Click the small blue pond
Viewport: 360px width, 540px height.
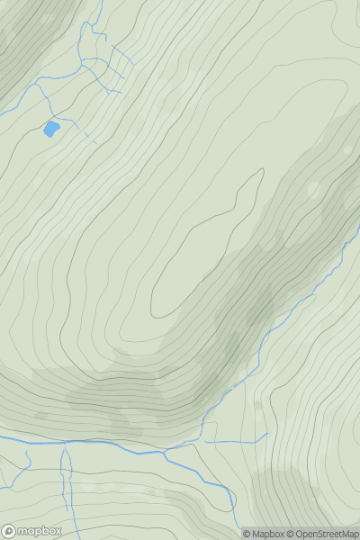51,129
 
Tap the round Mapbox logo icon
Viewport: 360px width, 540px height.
10,531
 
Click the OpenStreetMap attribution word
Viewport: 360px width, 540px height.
325,534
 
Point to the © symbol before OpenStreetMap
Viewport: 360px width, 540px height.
292,534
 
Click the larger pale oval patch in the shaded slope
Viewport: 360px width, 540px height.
313,189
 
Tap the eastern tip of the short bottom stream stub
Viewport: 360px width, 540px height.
268,435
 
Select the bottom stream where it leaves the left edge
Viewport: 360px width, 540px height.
2,439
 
